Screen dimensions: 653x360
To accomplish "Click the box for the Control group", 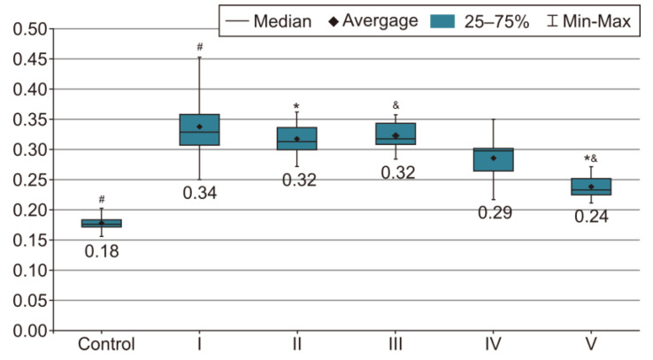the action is point(102,224).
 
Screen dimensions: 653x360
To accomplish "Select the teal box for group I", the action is point(199,130).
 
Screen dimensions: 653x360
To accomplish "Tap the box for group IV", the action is point(494,159).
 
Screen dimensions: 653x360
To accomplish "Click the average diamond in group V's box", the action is point(591,187).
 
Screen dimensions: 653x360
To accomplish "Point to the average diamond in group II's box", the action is point(297,139).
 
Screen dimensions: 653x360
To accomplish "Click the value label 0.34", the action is point(200,193).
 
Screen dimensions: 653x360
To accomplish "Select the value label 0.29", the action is point(496,212).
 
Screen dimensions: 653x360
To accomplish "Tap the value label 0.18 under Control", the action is point(102,251).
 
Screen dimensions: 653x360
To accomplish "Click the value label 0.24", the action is point(591,217).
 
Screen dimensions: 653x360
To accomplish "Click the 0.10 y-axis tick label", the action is point(30,271).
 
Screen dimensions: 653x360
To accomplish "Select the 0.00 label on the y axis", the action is point(30,332).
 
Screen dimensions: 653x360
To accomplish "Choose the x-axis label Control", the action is point(106,344).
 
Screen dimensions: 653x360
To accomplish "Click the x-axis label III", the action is point(396,344).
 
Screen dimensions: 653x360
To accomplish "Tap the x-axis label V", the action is point(591,344).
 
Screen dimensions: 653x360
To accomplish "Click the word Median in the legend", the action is point(283,21).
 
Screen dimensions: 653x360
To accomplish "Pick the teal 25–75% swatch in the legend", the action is point(442,21).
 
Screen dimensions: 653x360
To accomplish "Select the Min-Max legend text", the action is point(596,21).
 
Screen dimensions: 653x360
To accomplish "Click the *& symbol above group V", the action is point(591,158).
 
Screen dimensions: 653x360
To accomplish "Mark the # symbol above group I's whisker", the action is point(200,47).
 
